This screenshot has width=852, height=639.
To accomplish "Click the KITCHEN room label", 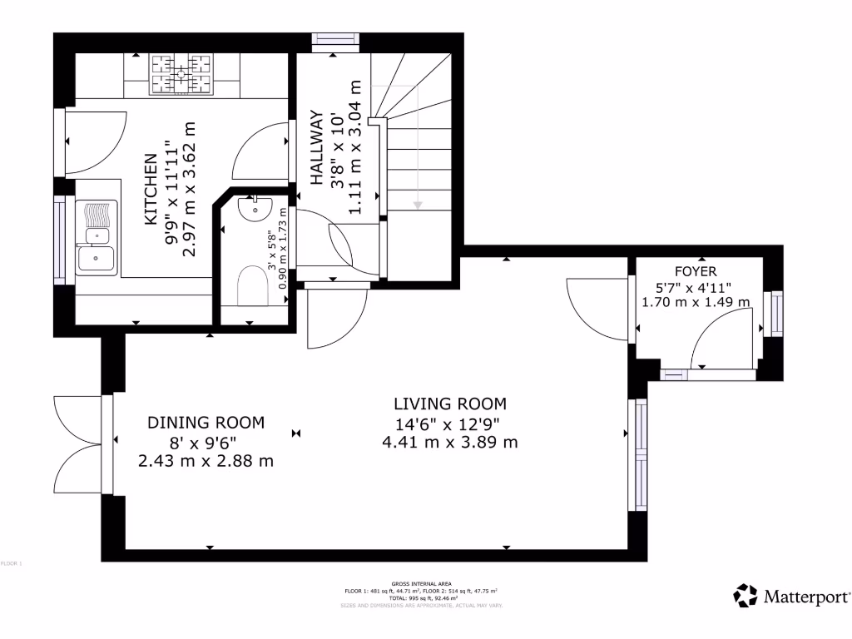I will pos(151,190).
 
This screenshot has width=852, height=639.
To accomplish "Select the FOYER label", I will pos(696,271).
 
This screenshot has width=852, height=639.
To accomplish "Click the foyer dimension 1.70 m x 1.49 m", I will pos(696,302).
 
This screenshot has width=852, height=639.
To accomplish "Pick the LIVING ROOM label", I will pos(449,404).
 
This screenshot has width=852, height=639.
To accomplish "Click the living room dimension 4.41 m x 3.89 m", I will pos(449,442).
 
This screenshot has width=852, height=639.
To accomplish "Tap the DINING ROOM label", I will pos(206,423).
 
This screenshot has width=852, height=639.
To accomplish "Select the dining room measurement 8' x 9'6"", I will pos(206,442).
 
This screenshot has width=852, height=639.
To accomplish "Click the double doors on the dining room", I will pos(80,445).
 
